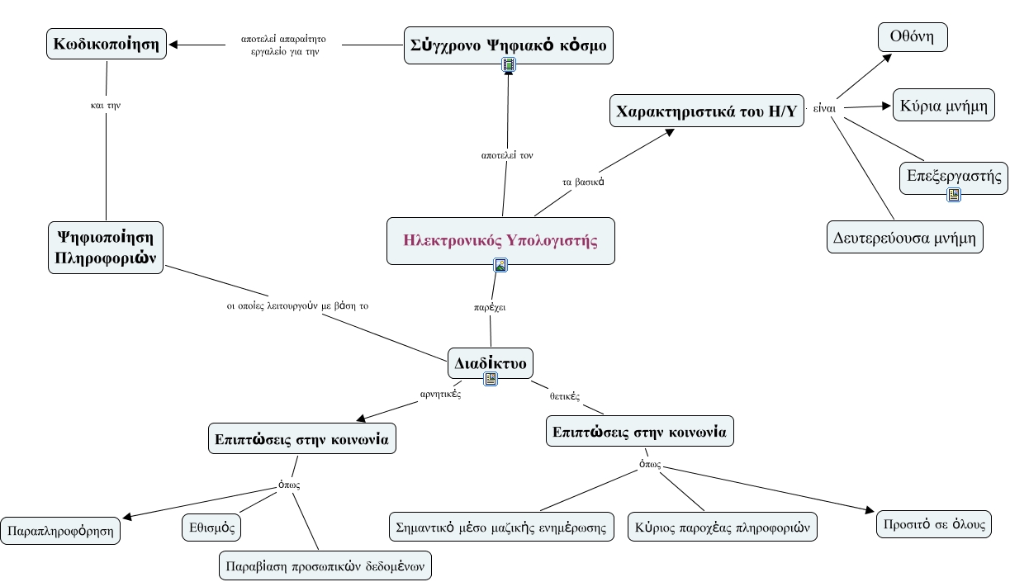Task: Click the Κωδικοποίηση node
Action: point(107,44)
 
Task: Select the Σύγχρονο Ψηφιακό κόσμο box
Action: point(508,45)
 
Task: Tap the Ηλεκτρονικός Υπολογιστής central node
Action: point(500,241)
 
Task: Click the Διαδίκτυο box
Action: point(490,363)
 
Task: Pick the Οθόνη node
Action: point(913,37)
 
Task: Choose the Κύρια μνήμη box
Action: point(944,105)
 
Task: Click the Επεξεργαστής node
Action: point(954,177)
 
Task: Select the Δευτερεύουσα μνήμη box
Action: point(905,237)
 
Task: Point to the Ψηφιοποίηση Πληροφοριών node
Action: point(106,248)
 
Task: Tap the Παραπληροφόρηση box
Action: point(60,531)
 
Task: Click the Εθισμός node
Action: point(211,527)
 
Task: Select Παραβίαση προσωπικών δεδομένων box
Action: point(325,565)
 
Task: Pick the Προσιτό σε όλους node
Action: point(934,524)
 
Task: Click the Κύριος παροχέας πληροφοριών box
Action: point(723,527)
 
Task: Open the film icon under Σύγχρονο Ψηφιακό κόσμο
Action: point(509,65)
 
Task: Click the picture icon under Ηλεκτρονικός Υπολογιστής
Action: point(500,265)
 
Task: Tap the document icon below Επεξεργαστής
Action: point(954,195)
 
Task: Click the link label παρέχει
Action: point(490,307)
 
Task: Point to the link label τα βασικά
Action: point(583,182)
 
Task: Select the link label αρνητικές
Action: point(440,394)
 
